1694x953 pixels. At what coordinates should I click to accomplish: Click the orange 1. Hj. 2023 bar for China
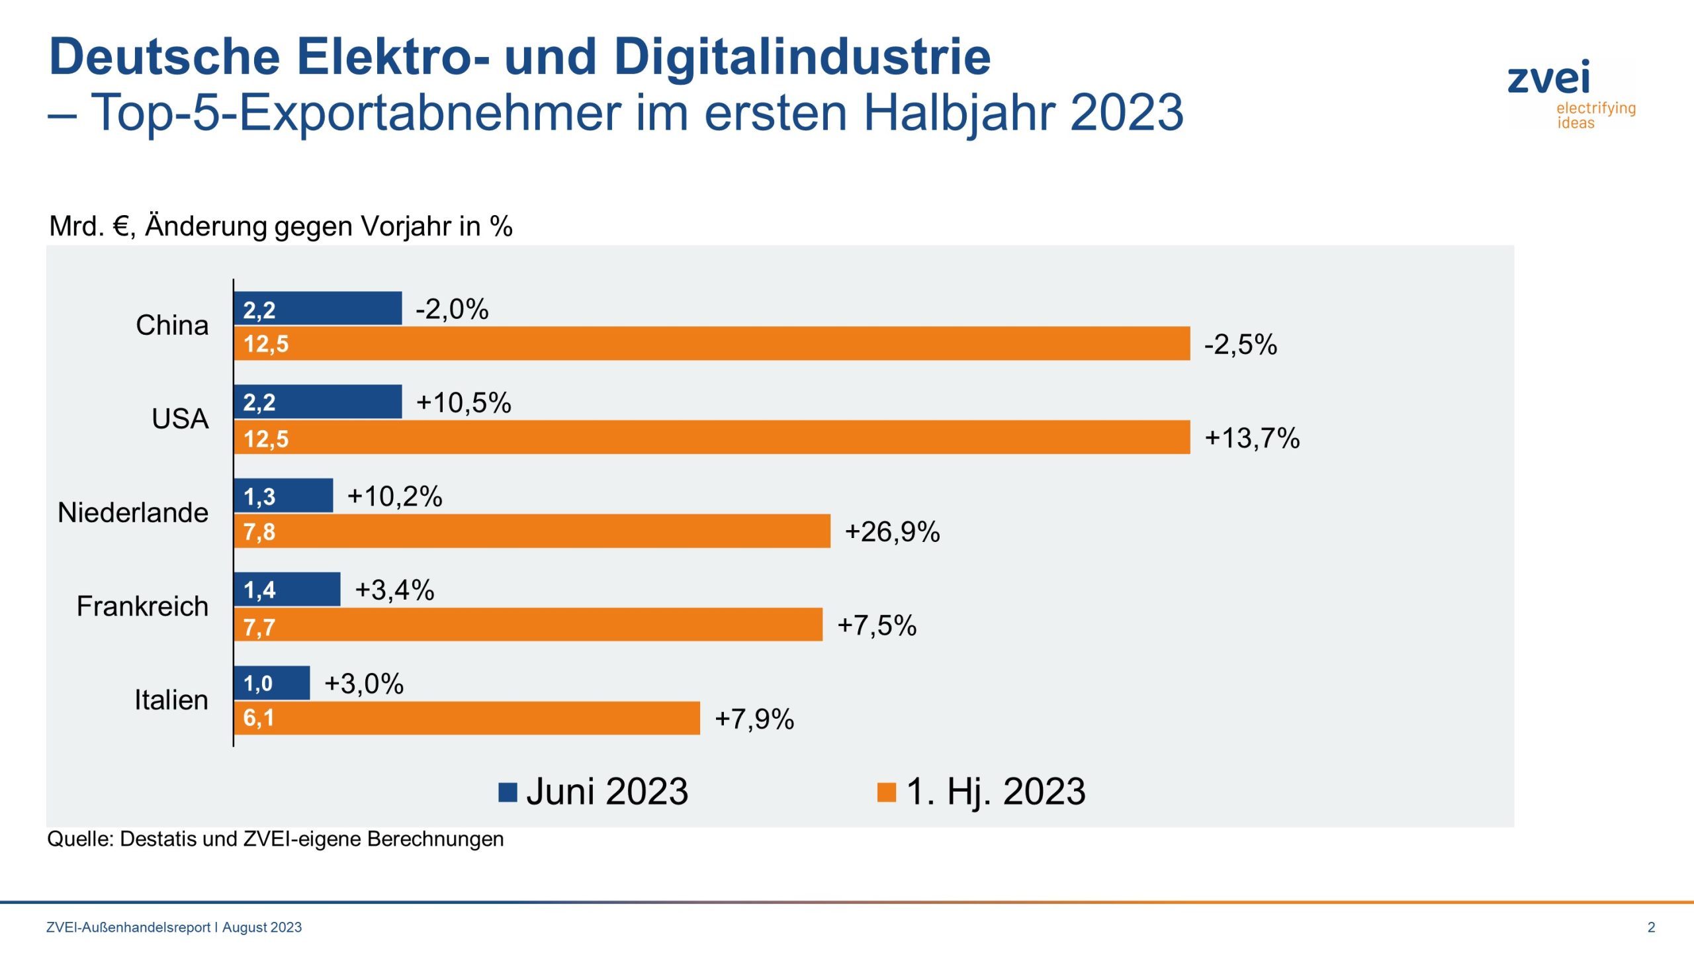(x=711, y=343)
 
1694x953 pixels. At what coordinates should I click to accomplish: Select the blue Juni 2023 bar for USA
(x=318, y=402)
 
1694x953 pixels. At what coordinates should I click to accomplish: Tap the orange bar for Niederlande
(x=531, y=531)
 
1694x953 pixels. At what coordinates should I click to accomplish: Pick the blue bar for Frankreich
(x=287, y=589)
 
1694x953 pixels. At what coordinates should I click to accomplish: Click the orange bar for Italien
(x=467, y=718)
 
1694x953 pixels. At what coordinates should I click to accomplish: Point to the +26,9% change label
(x=892, y=532)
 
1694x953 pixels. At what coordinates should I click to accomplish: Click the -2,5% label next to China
(x=1240, y=345)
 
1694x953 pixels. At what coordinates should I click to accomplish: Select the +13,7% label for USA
(x=1252, y=438)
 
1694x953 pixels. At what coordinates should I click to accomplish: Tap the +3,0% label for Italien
(x=364, y=684)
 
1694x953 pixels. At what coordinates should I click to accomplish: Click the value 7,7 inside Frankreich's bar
(x=259, y=626)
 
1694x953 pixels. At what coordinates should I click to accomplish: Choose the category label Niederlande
(x=133, y=513)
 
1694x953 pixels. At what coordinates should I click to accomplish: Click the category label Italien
(x=171, y=700)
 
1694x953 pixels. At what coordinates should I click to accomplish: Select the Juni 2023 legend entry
(x=594, y=792)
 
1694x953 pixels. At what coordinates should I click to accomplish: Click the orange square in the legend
(x=886, y=792)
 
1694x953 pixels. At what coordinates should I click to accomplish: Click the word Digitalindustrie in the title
(x=802, y=57)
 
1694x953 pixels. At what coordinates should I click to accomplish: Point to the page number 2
(x=1651, y=927)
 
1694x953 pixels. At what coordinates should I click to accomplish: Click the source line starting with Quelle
(x=275, y=839)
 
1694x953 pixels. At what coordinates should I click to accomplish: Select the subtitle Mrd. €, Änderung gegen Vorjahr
(x=281, y=226)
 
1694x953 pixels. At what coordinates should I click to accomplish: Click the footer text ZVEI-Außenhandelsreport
(x=128, y=927)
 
